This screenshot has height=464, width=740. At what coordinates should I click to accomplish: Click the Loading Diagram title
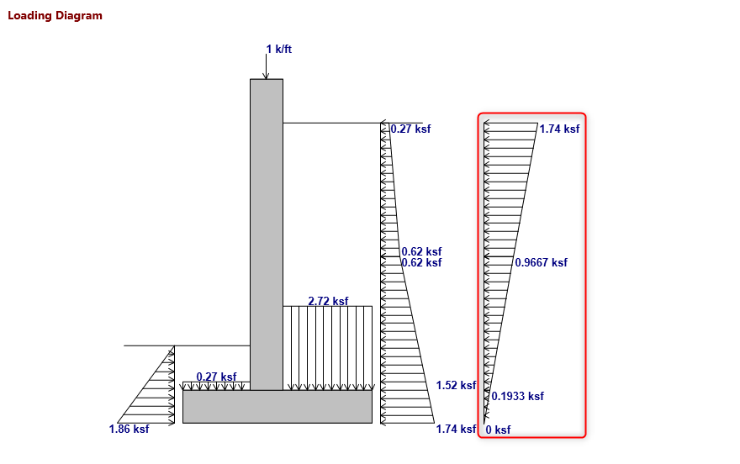[55, 16]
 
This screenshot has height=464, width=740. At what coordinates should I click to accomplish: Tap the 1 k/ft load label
[278, 50]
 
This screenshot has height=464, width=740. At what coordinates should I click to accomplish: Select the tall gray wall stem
[267, 235]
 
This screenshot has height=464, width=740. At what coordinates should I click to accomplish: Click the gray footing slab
[277, 407]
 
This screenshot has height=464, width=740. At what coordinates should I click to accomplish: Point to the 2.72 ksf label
[328, 301]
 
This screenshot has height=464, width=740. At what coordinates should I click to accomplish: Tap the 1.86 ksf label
[129, 430]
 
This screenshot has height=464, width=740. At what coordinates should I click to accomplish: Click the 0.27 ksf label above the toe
[216, 377]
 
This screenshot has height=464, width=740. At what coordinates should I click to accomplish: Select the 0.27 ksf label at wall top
[410, 129]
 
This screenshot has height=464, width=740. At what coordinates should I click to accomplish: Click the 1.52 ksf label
[456, 385]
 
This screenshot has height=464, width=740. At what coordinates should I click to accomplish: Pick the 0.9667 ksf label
[541, 262]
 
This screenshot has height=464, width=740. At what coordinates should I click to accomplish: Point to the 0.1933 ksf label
[517, 396]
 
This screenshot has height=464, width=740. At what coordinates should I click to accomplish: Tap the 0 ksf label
[498, 430]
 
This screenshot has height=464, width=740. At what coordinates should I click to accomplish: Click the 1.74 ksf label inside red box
[559, 129]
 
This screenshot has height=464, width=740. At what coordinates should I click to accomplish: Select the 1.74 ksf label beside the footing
[456, 430]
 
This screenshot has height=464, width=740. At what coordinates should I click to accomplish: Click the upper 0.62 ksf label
[420, 251]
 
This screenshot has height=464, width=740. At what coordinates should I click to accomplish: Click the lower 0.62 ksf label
[420, 263]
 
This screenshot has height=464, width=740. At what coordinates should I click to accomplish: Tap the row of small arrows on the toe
[216, 386]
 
